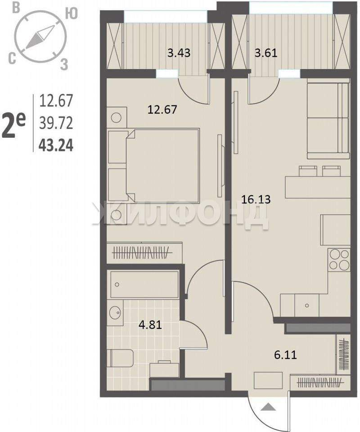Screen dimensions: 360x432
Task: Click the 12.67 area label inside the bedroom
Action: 162,110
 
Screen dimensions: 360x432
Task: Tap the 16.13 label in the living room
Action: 256,199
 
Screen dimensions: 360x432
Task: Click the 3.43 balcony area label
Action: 179,53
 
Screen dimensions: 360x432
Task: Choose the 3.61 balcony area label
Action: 266,53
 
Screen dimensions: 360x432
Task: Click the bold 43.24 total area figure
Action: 56,145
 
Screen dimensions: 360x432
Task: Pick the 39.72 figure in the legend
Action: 56,123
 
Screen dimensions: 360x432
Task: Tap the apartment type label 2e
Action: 13,126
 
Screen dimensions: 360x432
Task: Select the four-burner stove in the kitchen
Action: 339,259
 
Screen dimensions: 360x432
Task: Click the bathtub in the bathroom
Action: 144,284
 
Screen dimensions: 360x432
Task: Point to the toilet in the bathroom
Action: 122,358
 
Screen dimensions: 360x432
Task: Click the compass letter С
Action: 12,59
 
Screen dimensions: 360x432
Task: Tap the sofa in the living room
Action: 328,121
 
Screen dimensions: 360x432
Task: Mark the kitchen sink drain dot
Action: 307,305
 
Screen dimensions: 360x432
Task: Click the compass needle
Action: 40,37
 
